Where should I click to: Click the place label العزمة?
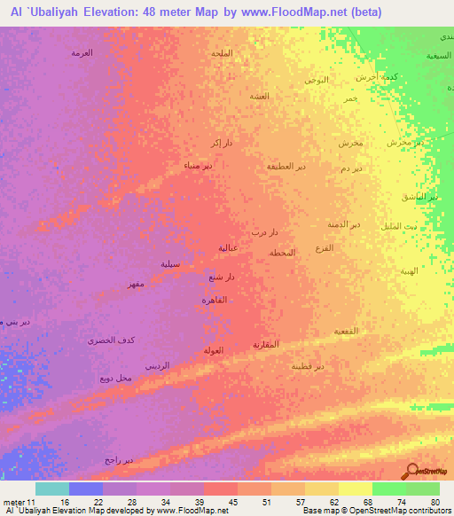(82, 52)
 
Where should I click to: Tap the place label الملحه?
(222, 53)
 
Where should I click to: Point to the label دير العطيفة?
(287, 166)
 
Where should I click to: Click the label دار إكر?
(221, 142)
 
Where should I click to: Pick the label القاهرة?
(215, 301)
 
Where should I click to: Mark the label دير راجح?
(118, 460)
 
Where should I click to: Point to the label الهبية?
(408, 271)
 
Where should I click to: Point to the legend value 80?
(434, 501)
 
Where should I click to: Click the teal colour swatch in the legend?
(51, 489)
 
